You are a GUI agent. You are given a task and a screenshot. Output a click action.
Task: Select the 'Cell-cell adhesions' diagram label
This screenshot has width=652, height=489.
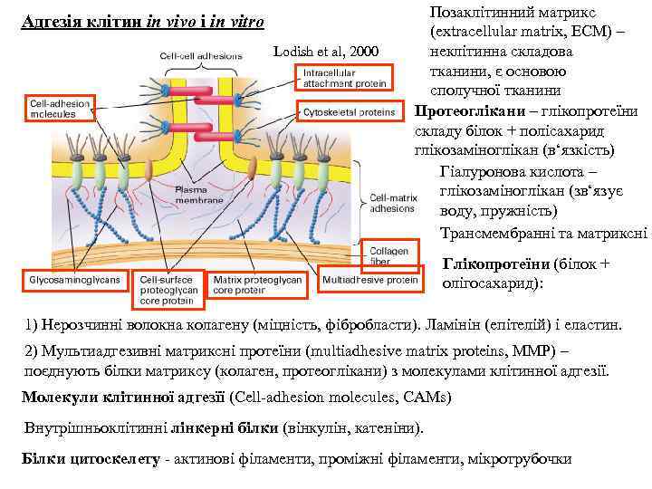(x=201, y=55)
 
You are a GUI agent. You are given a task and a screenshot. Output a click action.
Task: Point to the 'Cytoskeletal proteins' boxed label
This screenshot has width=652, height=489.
(x=349, y=112)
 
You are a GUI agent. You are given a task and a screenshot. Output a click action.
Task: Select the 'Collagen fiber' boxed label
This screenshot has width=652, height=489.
(x=390, y=255)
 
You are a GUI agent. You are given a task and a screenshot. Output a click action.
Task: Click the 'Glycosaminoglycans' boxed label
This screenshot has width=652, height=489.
(x=75, y=280)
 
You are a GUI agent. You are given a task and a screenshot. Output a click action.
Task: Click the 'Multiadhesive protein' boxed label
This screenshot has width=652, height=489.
(x=370, y=280)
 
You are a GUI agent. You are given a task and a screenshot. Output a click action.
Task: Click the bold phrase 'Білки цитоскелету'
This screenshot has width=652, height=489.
(x=90, y=458)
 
